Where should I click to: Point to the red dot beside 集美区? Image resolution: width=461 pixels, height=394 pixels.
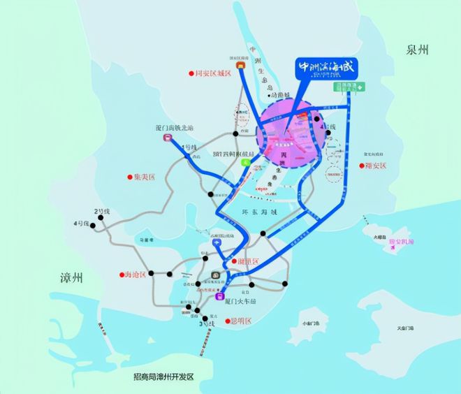pos(129,177)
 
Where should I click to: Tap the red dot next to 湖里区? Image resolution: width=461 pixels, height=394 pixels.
pos(233,261)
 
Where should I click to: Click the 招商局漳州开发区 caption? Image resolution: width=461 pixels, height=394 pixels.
pos(163,376)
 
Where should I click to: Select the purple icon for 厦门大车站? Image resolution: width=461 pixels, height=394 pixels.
pos(219,294)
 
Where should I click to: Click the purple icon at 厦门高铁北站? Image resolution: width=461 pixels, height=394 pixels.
pos(168,138)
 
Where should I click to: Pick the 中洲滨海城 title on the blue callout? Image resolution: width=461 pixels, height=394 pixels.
pos(327,68)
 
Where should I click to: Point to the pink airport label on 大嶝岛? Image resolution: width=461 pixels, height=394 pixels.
pos(402,242)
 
